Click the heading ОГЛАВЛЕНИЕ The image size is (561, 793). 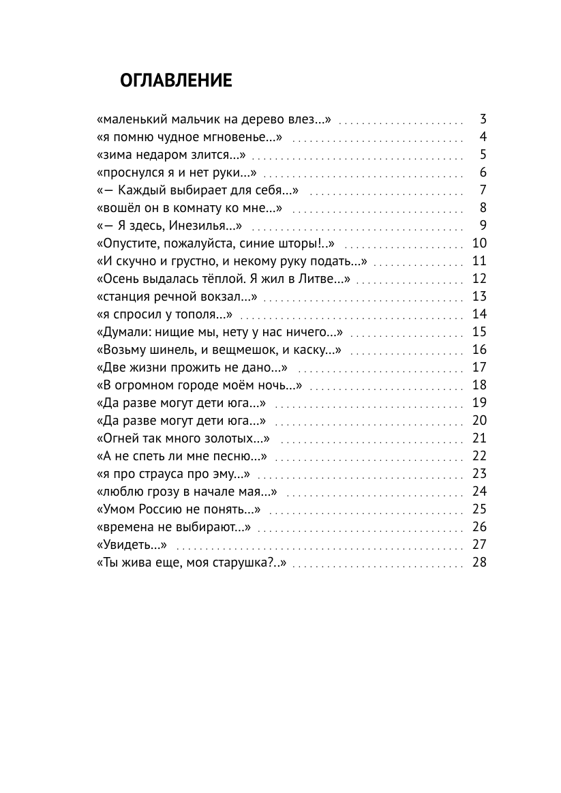tap(176, 81)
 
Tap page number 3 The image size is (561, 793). tap(483, 119)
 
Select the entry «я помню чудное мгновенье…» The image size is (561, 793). tap(189, 137)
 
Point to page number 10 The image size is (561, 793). tap(479, 243)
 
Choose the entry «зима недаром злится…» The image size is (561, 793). tap(172, 155)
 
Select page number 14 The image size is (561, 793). tap(479, 314)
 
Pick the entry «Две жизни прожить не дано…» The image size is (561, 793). tap(192, 368)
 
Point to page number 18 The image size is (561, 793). tap(479, 385)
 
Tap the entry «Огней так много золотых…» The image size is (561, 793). tap(184, 438)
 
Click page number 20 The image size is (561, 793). tap(479, 421)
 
